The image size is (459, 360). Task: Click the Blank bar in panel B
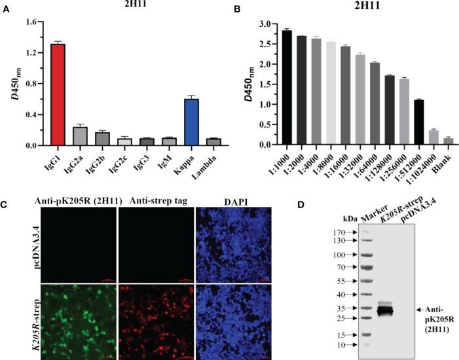pos(448,141)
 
